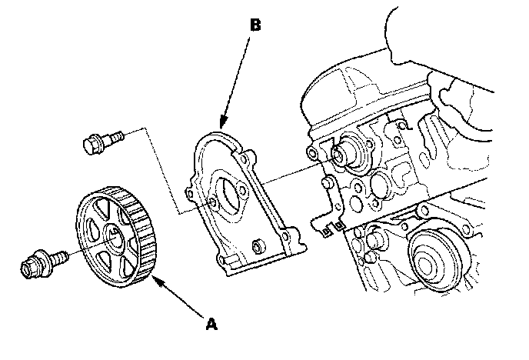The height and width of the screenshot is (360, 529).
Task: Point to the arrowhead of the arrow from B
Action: [221, 125]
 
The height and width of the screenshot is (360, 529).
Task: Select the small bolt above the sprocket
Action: [101, 142]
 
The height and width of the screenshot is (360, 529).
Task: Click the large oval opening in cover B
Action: [231, 192]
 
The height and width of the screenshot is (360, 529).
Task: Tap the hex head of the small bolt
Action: [91, 142]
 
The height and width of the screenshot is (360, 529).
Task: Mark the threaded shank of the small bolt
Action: [114, 138]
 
